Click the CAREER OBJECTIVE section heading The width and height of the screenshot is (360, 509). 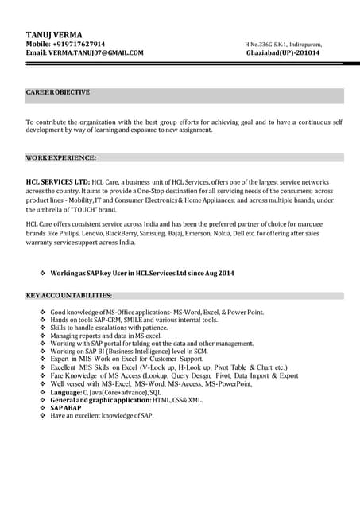tap(58, 92)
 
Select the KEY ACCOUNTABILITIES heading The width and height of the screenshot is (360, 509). tap(69, 296)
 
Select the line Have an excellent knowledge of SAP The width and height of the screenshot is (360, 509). tap(102, 416)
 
